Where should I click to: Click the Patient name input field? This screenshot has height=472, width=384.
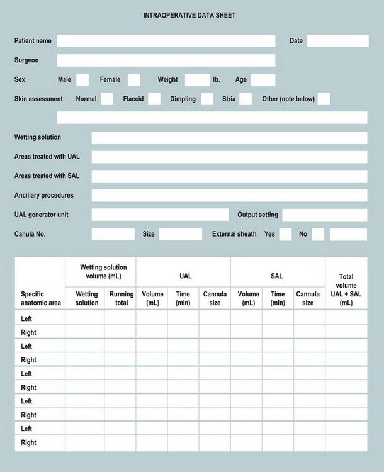coord(166,41)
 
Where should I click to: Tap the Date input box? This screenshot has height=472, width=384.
coord(337,41)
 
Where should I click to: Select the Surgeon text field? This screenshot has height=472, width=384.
coord(166,60)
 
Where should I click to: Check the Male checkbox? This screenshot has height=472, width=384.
coord(83,80)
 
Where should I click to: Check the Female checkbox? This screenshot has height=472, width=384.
coord(134,80)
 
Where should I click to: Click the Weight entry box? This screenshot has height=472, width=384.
coord(197,80)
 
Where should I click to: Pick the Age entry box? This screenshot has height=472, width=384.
coord(263,80)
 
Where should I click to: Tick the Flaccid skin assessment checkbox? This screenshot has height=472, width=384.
coord(154,99)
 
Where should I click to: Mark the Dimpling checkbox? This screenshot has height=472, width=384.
coord(207,99)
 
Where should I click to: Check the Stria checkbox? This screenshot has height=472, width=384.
coord(246,99)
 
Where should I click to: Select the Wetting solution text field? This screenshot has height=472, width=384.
coord(229,138)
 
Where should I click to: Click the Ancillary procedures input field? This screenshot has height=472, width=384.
coord(229,196)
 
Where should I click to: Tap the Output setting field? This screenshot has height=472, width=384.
coord(324,215)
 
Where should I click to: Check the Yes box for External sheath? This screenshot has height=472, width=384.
coord(285,234)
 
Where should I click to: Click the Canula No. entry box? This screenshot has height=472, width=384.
coord(113,234)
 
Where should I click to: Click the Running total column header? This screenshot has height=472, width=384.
coord(121,298)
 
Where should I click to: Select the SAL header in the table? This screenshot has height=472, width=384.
coord(277,276)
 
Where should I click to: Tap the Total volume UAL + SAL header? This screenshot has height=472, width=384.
coord(346,289)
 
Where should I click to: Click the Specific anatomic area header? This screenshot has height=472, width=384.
coord(41,298)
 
